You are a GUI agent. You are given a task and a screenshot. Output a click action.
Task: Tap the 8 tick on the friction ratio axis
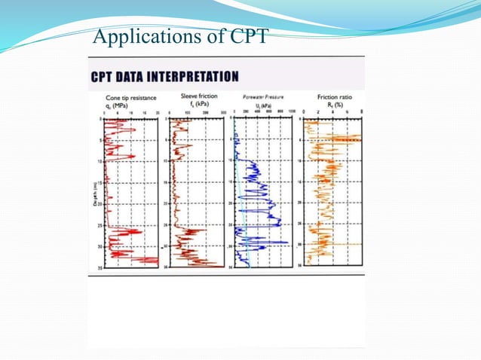[362, 112]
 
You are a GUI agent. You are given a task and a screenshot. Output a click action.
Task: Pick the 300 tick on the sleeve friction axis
[224, 112]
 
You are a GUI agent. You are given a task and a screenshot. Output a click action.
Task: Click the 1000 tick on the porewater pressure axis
[290, 112]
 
